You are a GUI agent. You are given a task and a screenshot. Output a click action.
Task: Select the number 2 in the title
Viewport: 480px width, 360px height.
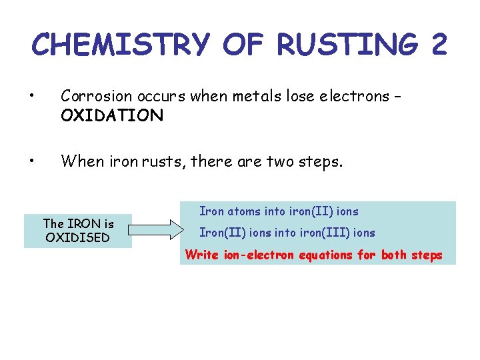click(x=439, y=45)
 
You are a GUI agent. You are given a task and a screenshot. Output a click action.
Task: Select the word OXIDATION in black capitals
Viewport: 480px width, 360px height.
click(x=111, y=116)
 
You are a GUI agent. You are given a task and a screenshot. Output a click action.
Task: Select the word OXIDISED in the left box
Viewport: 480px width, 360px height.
click(x=77, y=237)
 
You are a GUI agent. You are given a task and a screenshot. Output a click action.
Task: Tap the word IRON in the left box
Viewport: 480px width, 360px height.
click(x=83, y=224)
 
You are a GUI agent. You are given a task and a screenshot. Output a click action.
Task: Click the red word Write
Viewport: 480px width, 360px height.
click(x=201, y=255)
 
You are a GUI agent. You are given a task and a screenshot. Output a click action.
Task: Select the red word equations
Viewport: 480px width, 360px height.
click(x=324, y=255)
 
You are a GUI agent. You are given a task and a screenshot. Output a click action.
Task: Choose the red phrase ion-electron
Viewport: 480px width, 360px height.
click(x=256, y=255)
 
